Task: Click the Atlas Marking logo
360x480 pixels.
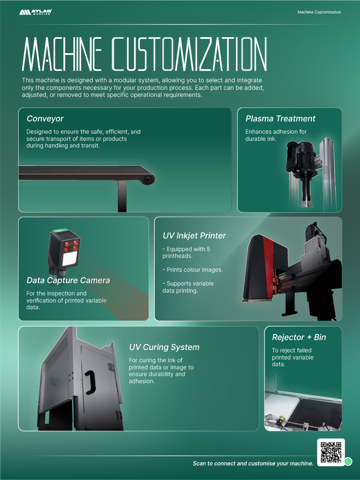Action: pyautogui.click(x=36, y=12)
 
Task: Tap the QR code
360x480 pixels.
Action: pyautogui.click(x=331, y=452)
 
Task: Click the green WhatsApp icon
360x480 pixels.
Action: pyautogui.click(x=348, y=461)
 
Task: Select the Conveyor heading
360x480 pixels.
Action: pyautogui.click(x=45, y=119)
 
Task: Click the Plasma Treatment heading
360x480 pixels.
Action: pyautogui.click(x=280, y=119)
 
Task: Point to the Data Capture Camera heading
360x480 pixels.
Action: pyautogui.click(x=68, y=280)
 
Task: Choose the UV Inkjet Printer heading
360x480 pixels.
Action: pyautogui.click(x=194, y=236)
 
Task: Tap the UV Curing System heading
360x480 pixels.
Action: pyautogui.click(x=164, y=347)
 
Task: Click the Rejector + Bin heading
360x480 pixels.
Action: pyautogui.click(x=299, y=337)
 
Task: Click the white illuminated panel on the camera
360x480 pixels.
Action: pyautogui.click(x=70, y=259)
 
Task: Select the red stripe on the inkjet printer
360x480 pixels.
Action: pyautogui.click(x=268, y=266)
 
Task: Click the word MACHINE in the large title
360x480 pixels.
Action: pyautogui.click(x=62, y=54)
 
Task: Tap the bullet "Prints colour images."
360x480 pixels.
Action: pyautogui.click(x=192, y=270)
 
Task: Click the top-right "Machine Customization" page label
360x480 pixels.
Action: pyautogui.click(x=319, y=12)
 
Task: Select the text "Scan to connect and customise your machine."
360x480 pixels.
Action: pyautogui.click(x=253, y=463)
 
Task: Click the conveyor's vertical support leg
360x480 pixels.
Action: pyautogui.click(x=122, y=196)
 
